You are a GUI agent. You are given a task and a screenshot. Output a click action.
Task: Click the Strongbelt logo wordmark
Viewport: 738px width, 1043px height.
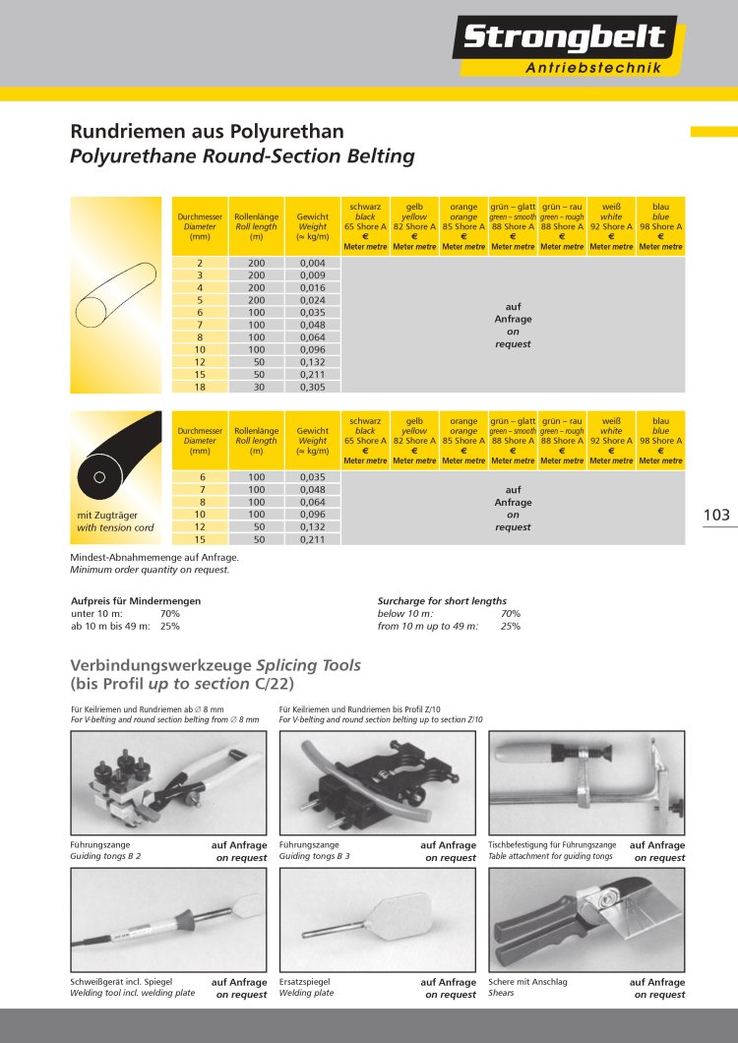564,38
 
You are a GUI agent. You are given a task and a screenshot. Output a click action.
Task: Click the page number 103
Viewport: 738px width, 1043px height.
717,515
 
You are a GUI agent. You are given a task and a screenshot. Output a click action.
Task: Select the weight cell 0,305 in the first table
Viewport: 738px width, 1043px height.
313,389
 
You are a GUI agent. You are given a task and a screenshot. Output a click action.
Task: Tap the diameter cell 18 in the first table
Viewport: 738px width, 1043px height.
200,389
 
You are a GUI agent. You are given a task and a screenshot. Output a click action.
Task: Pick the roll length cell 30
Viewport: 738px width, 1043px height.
257,389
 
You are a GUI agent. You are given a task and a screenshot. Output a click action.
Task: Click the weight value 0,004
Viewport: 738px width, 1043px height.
313,263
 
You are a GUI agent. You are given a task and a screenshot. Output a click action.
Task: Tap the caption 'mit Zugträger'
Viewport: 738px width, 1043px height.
107,515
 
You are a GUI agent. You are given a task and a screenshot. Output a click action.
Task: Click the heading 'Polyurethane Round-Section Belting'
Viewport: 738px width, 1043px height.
242,156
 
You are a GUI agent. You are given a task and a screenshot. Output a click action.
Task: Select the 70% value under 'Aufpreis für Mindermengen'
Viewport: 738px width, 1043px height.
170,613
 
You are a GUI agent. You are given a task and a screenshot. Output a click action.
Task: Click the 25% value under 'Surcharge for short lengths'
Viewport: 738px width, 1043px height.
510,626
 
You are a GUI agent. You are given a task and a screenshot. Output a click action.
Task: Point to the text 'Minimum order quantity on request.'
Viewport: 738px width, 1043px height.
150,570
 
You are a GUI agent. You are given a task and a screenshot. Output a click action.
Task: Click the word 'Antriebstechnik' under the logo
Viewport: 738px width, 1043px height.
592,68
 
